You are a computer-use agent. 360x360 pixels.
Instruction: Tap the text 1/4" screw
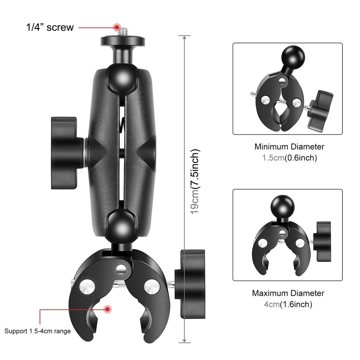click(50, 27)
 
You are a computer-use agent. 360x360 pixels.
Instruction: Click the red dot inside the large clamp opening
click(108, 309)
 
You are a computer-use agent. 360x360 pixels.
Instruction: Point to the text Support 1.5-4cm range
click(38, 331)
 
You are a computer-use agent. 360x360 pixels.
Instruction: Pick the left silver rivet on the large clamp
click(86, 285)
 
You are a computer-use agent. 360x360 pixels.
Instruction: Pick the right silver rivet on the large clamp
click(152, 286)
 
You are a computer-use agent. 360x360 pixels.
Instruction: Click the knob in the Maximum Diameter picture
click(323, 242)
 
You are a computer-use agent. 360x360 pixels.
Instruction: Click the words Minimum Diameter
click(289, 147)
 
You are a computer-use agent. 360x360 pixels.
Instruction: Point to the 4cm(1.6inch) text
click(288, 304)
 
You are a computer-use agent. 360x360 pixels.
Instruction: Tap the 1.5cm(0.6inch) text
click(289, 158)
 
